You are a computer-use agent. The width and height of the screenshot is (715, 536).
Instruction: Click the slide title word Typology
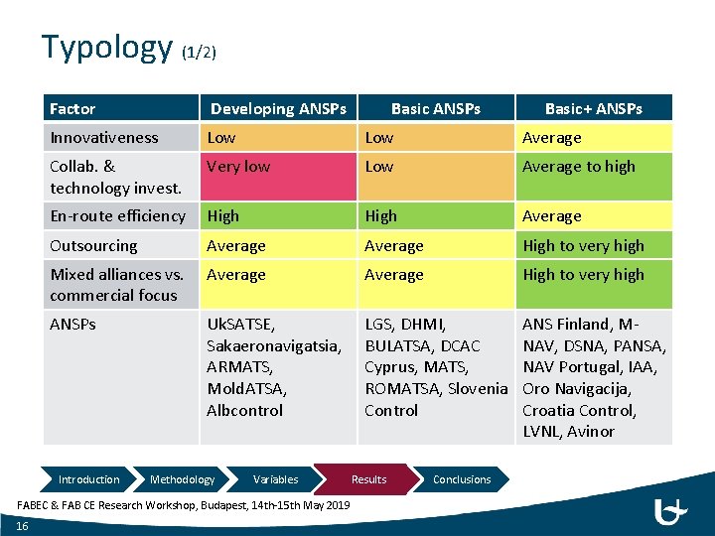point(107,47)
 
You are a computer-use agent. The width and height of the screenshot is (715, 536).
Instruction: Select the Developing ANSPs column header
point(278,108)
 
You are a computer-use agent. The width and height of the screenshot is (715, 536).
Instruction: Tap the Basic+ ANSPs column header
point(593,108)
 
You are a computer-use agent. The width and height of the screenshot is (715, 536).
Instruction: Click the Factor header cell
point(72,108)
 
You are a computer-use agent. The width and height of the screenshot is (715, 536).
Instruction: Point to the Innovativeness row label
point(104,138)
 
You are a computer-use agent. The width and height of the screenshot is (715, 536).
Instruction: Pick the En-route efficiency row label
point(117,215)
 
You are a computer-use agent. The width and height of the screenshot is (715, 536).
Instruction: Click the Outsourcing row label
point(93,245)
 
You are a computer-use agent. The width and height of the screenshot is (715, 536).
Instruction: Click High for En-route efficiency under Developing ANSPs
point(222,215)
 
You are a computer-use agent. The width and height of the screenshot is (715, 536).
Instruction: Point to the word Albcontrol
point(244,410)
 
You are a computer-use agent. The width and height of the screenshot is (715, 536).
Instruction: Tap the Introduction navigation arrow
point(88,479)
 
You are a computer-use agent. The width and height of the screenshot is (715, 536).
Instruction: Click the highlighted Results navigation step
point(368,479)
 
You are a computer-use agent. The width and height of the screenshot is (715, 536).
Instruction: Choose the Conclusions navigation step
point(462,479)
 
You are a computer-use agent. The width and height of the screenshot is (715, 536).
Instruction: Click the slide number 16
point(22,526)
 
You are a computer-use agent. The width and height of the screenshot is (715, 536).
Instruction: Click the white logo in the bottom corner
point(671,512)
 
